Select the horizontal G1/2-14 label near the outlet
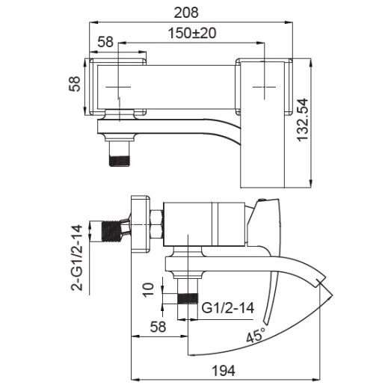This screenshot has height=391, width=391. click(x=230, y=307)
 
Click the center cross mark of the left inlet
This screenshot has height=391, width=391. click(x=119, y=87)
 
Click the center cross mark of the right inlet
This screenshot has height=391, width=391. click(x=264, y=87)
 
